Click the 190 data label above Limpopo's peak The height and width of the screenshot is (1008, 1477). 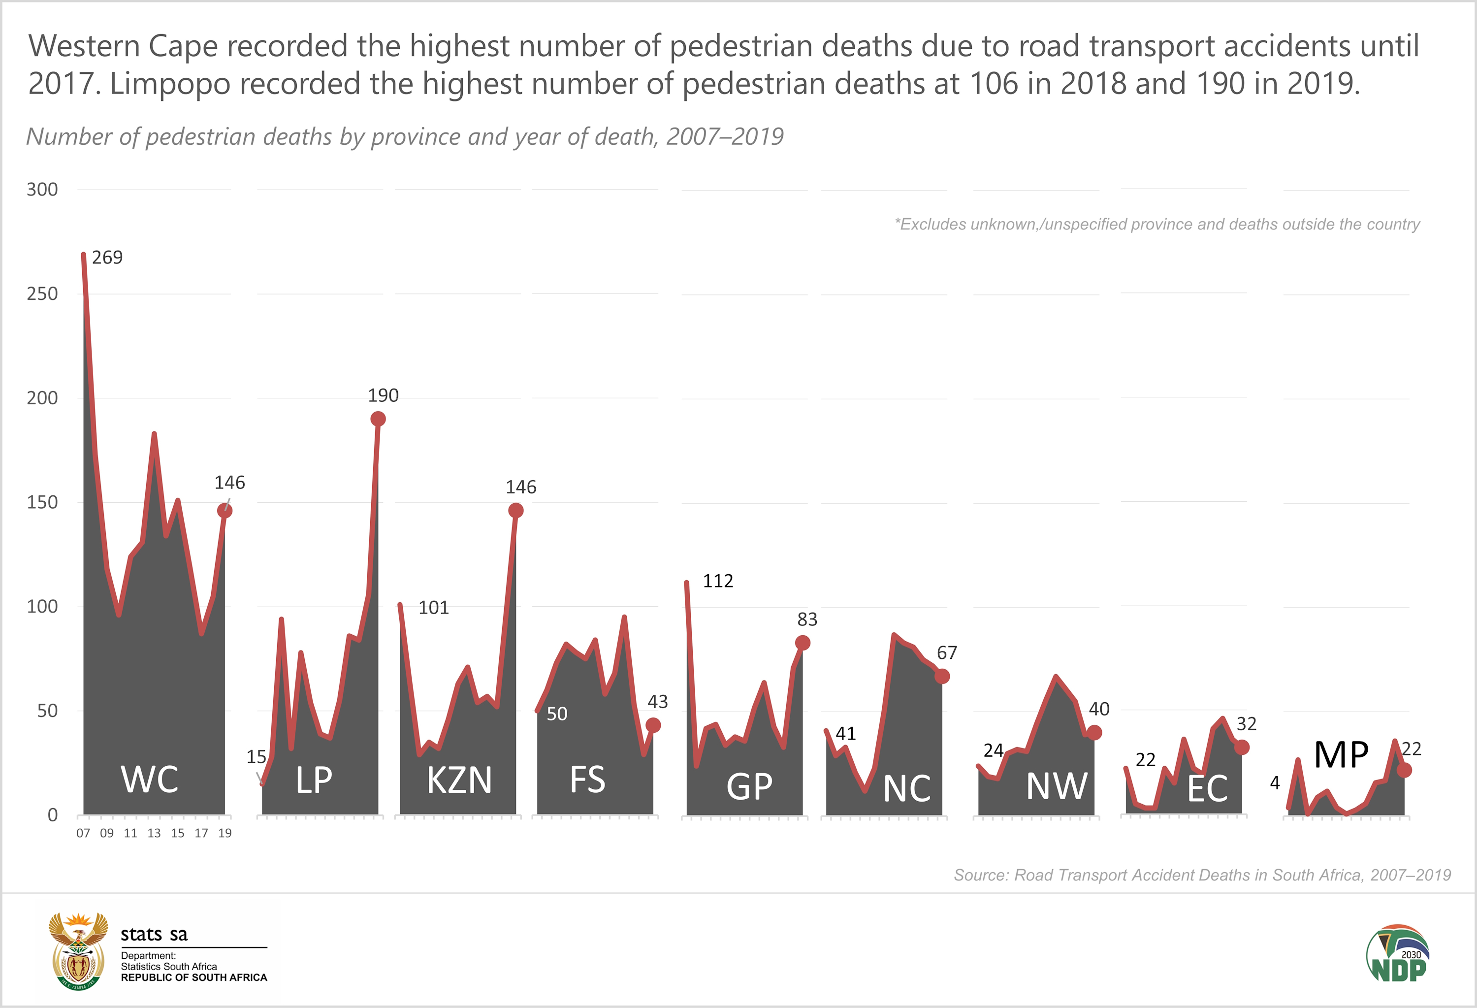pyautogui.click(x=383, y=395)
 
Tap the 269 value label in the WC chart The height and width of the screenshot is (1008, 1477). pyautogui.click(x=107, y=258)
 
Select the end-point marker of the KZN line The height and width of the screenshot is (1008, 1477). pyautogui.click(x=515, y=510)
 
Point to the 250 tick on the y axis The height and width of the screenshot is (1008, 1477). pyautogui.click(x=42, y=293)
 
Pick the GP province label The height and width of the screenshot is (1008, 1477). pyautogui.click(x=749, y=786)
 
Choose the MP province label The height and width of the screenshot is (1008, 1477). pyautogui.click(x=1341, y=755)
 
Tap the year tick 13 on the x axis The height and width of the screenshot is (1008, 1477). pyautogui.click(x=154, y=833)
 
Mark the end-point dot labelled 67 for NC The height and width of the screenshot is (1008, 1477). pyautogui.click(x=942, y=676)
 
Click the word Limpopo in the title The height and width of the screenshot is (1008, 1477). pyautogui.click(x=170, y=83)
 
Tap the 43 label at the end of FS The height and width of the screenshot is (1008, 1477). pyautogui.click(x=657, y=702)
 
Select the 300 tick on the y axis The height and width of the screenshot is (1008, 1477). pyautogui.click(x=42, y=190)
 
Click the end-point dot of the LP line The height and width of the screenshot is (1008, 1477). pyautogui.click(x=378, y=419)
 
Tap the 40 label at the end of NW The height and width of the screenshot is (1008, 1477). pyautogui.click(x=1099, y=709)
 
